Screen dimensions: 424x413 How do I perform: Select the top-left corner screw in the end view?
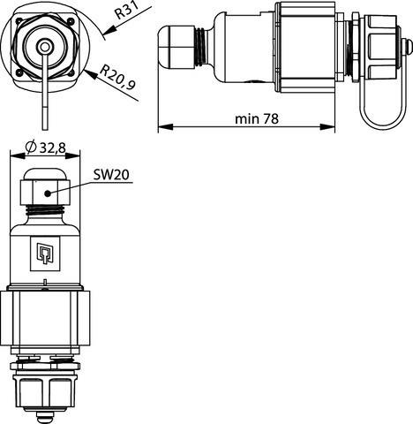[x=18, y=19]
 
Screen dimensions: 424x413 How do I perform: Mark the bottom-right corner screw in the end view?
[x=70, y=70]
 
